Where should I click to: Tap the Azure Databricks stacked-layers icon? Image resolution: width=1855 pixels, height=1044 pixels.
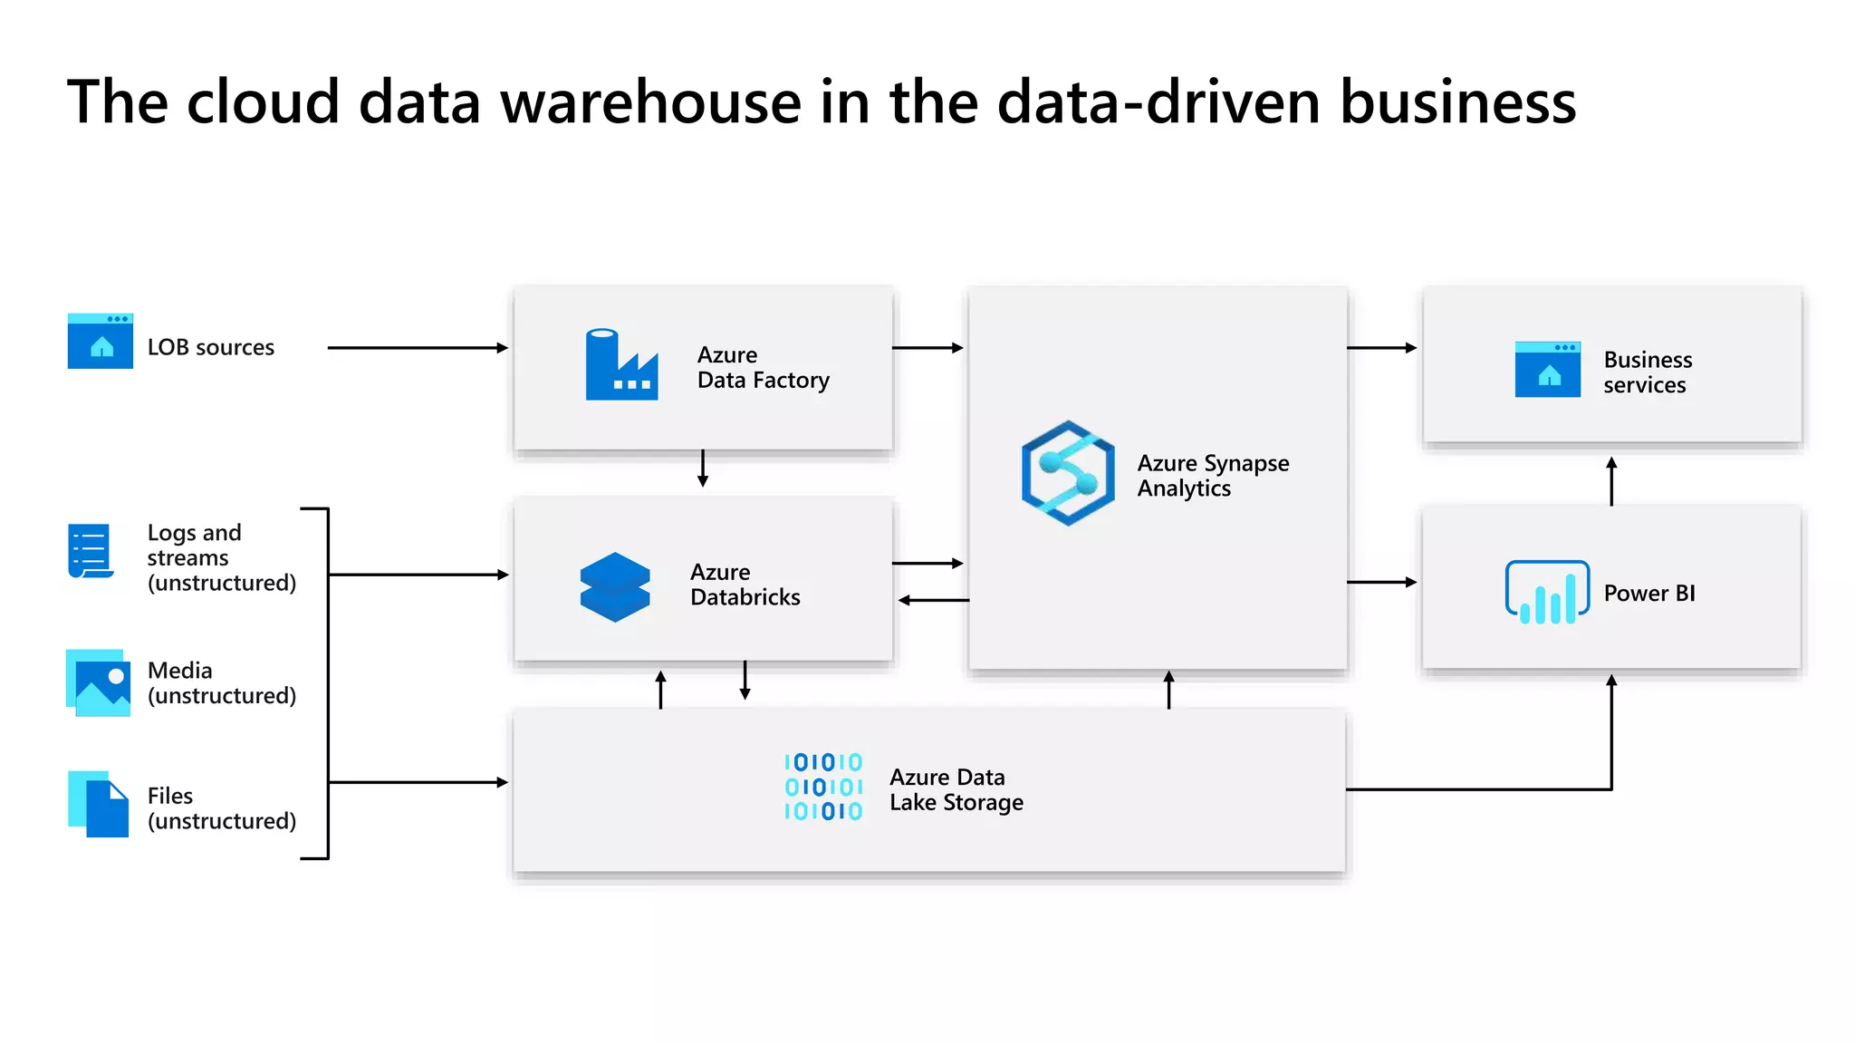click(615, 587)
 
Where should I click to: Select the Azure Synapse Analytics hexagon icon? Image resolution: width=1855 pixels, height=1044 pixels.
click(1068, 473)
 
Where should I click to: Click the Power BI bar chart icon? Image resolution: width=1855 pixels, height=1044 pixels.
click(1547, 592)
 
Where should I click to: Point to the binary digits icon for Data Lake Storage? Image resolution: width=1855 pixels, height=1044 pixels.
click(823, 787)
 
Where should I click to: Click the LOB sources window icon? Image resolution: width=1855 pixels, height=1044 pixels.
click(101, 342)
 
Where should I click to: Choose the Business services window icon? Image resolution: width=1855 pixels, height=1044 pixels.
click(1547, 370)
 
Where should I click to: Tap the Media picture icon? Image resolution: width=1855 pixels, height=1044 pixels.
click(99, 682)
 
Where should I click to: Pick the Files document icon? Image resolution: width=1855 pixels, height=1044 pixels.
click(99, 804)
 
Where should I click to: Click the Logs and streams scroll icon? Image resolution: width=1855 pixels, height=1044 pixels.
click(91, 551)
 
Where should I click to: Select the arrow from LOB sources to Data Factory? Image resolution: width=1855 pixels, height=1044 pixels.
click(417, 348)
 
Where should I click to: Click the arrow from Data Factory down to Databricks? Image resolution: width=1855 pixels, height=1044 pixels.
click(703, 469)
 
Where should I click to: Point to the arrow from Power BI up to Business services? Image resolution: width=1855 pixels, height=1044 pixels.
click(1611, 481)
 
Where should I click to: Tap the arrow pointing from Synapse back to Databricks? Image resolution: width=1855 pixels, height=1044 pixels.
click(933, 600)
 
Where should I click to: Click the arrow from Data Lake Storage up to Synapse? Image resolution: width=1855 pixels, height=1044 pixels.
click(1169, 690)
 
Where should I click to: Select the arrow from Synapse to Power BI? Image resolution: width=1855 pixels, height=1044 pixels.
click(1382, 582)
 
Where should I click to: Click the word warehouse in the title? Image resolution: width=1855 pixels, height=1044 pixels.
click(651, 101)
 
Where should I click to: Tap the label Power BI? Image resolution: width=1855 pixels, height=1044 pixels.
click(1648, 594)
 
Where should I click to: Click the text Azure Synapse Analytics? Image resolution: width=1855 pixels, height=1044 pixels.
click(1212, 476)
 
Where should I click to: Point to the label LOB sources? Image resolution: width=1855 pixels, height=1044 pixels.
click(210, 348)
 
